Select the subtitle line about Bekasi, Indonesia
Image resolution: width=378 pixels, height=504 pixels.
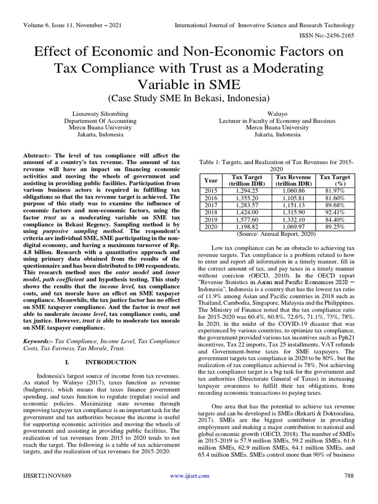tap(189, 98)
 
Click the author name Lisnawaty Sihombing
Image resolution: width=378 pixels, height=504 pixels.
tap(100, 113)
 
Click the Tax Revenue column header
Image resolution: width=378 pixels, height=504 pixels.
tap(293, 181)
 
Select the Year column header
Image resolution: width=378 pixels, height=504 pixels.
tap(211, 181)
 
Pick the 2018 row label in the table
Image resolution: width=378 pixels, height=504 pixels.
tap(211, 213)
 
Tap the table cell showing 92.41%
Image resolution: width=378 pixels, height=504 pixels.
tap(335, 213)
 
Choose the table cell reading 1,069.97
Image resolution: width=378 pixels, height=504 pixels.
tap(293, 227)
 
